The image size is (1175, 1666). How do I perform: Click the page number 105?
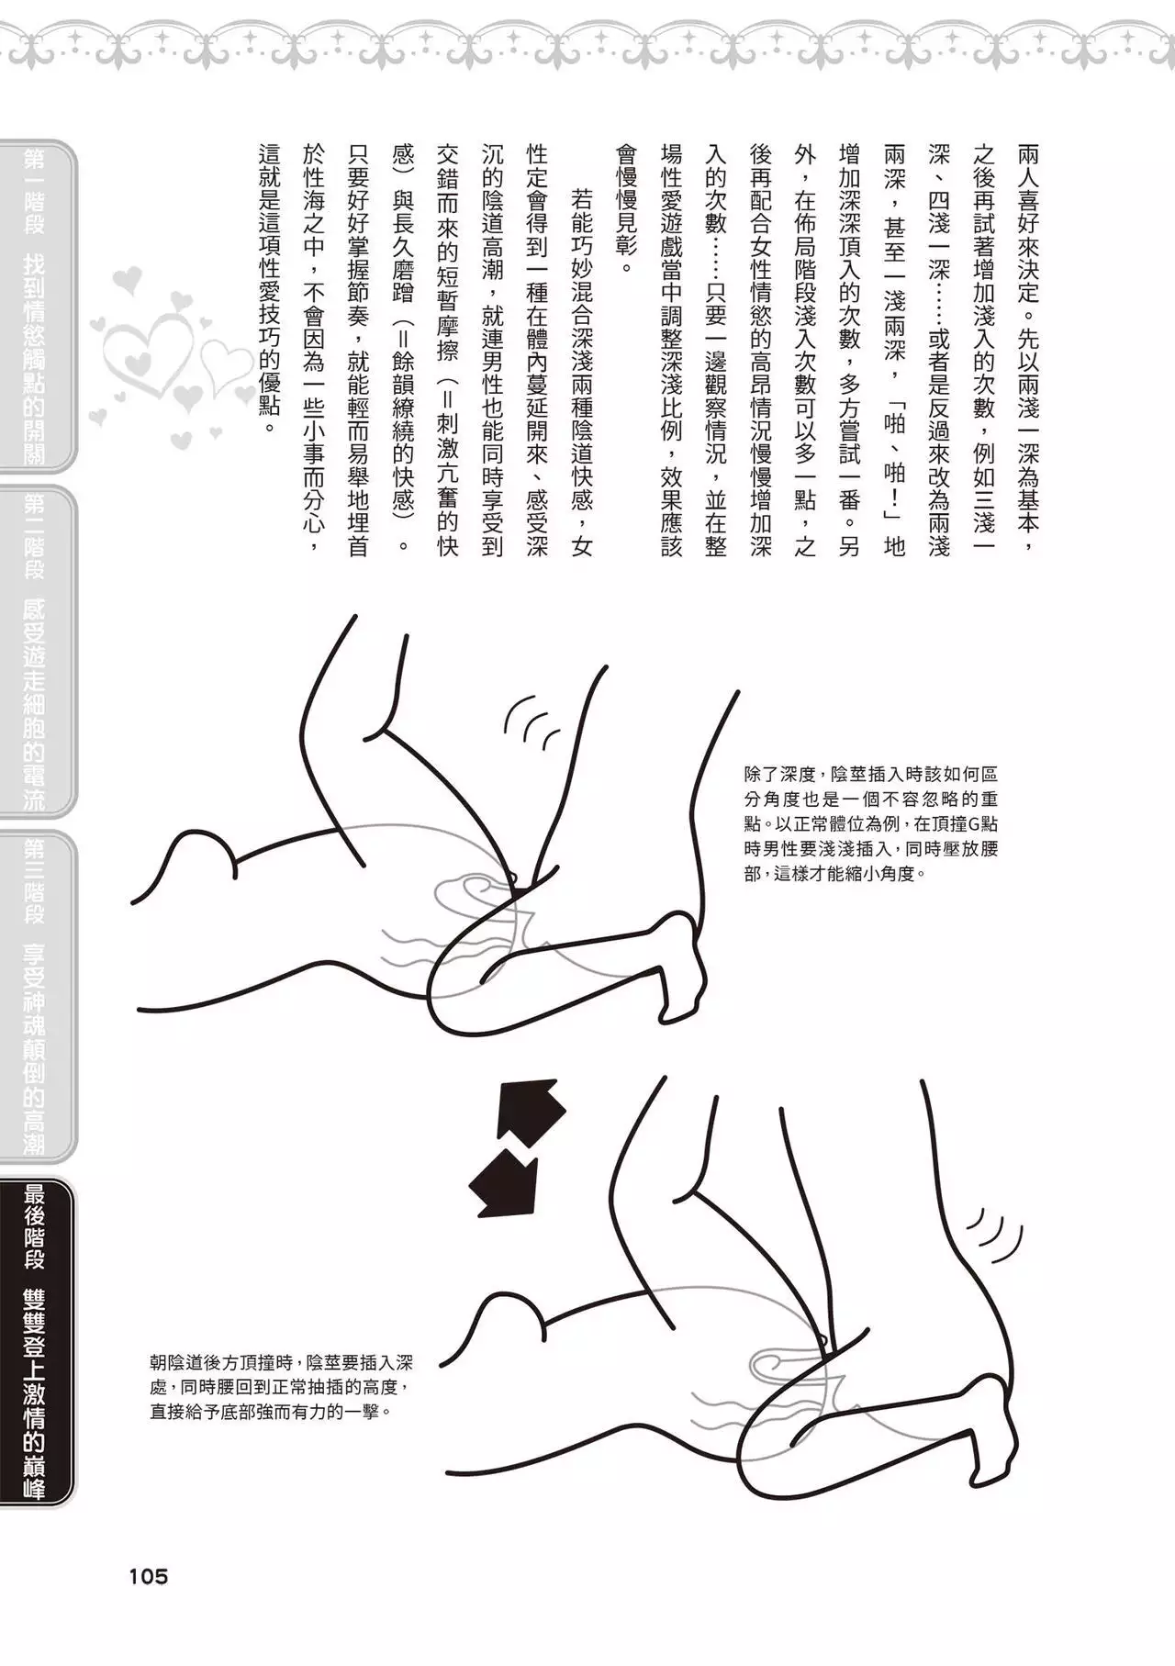(148, 1576)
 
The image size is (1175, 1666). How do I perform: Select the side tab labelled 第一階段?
(37, 307)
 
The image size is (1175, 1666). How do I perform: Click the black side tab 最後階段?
(37, 1341)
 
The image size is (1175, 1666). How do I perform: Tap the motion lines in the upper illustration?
(532, 721)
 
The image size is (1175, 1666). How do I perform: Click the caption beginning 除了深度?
(870, 823)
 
